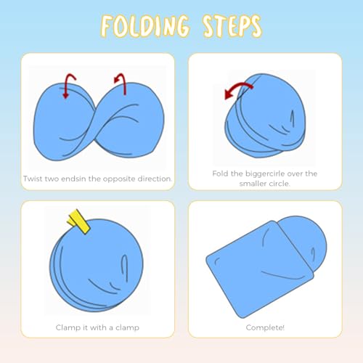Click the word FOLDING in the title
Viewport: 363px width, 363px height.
tap(144, 26)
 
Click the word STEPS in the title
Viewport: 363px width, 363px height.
tap(232, 26)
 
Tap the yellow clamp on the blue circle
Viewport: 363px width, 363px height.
tap(79, 221)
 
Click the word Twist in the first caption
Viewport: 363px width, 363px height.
tap(33, 179)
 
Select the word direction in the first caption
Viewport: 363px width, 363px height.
tap(155, 179)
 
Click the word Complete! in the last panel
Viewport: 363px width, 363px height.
tap(265, 327)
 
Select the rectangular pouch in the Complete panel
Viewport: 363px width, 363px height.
tap(260, 269)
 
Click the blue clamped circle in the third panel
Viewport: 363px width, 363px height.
tap(97, 265)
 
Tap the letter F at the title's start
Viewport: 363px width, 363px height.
tap(107, 26)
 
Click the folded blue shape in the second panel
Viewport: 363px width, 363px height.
tap(265, 115)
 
